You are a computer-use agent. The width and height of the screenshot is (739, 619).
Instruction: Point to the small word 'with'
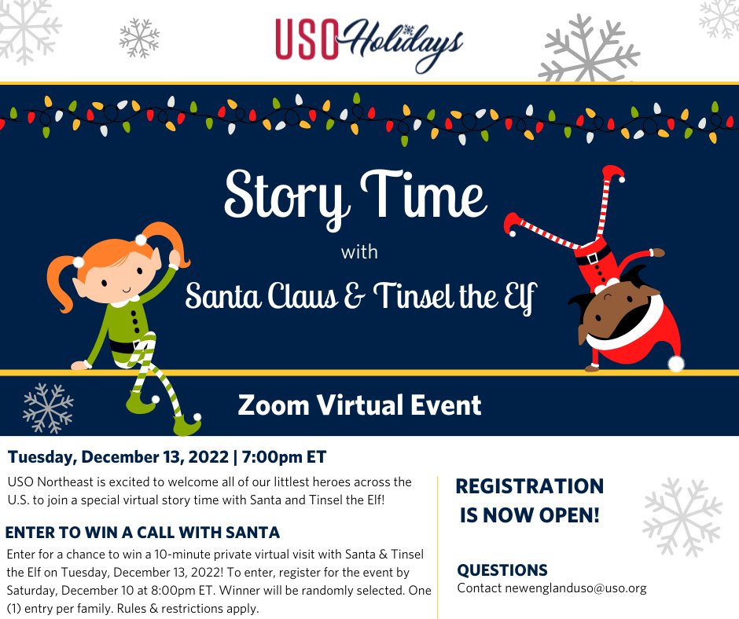tap(359, 253)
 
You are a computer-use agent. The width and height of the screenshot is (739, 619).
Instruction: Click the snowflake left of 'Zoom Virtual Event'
tap(48, 408)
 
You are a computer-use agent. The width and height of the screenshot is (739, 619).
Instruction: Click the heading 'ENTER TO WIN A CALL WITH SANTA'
tap(142, 532)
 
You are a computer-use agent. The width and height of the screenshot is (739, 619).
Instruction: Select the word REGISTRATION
tap(530, 486)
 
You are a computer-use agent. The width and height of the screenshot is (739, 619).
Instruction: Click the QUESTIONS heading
tap(502, 570)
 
